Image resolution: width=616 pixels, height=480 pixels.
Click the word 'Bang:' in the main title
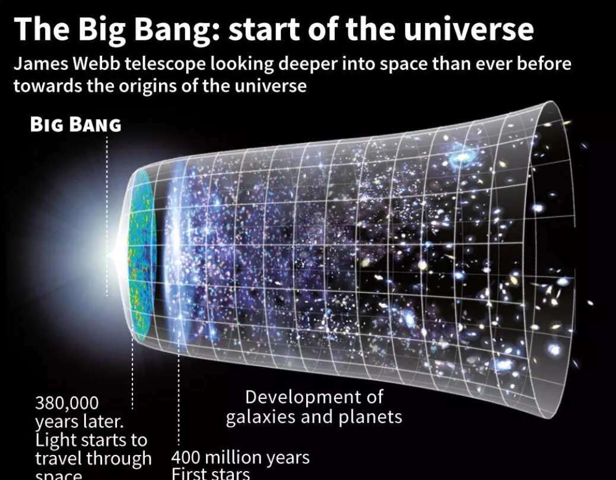click(177, 30)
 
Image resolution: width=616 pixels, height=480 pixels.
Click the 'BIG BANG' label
click(75, 126)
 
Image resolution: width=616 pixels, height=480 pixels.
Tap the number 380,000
click(66, 404)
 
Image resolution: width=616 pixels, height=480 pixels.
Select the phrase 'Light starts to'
click(91, 440)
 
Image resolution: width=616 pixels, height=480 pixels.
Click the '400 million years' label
click(240, 457)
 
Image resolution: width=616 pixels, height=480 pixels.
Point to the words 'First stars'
click(211, 474)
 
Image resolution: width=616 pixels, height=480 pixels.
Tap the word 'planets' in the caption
click(370, 417)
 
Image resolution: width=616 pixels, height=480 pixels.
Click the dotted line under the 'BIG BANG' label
click(107, 213)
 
